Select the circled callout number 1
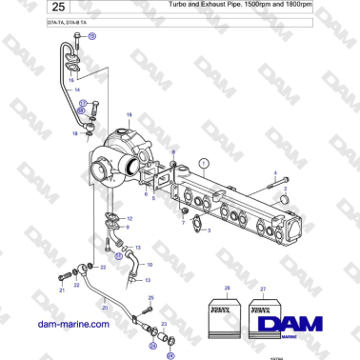[x=203, y=164]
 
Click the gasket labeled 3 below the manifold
[x=197, y=226]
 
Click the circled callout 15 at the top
[x=91, y=35]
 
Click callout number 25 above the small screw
[x=150, y=299]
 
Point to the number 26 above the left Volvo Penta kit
[x=227, y=288]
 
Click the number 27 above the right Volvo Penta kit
[x=263, y=288]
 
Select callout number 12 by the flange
[x=130, y=219]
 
